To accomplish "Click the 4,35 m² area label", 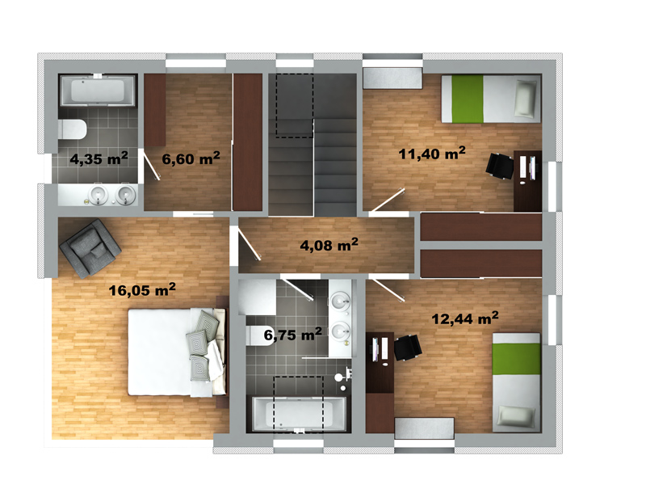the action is click(99, 158).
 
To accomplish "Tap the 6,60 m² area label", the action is click(191, 158).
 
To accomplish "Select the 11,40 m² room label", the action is click(432, 153).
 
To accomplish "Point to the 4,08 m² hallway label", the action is click(329, 245).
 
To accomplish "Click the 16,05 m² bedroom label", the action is click(142, 289).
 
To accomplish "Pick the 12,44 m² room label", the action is click(465, 318).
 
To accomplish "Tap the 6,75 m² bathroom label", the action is click(292, 334).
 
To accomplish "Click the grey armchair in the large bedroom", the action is click(90, 248).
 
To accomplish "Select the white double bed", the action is click(177, 352).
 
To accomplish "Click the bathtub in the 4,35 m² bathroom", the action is click(97, 91).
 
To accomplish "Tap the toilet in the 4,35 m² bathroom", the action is click(72, 129).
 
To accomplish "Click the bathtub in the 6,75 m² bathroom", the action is click(299, 414).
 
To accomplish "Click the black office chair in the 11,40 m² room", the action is click(499, 166).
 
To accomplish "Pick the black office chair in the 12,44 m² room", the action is click(408, 348).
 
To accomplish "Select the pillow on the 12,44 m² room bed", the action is click(516, 415).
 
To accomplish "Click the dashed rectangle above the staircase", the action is click(295, 106).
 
